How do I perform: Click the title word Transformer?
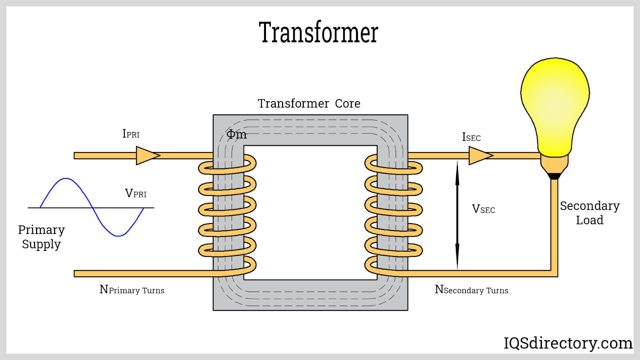coord(318,32)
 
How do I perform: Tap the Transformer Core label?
coord(309,104)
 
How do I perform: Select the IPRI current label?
coord(131,134)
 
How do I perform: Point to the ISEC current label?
coord(471,138)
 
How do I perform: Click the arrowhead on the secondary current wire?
coord(480,156)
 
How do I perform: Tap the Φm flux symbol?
coord(236,135)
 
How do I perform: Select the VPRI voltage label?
coord(136,194)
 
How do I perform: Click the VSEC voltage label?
coord(483,209)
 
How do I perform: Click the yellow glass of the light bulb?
coord(555,104)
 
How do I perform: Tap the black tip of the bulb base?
coord(554,176)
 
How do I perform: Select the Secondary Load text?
coord(590,213)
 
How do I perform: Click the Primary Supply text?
coord(41,237)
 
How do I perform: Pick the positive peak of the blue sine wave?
coord(66,179)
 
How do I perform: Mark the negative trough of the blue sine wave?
coord(118,236)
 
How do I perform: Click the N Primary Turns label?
coord(132,290)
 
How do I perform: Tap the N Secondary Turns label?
coord(471,290)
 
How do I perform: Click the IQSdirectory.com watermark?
coord(568,343)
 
